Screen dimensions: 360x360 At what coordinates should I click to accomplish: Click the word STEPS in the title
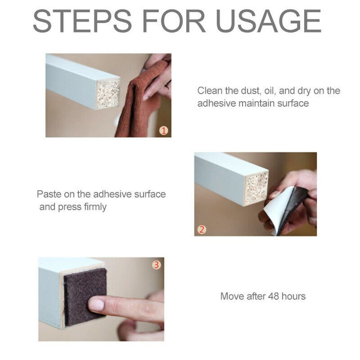coord(82,21)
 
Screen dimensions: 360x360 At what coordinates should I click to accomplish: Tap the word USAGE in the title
coord(268,21)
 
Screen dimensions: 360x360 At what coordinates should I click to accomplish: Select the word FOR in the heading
coord(174,21)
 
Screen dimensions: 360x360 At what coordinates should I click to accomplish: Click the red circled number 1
coord(164,131)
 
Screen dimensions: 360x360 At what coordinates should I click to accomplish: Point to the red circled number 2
coord(202,229)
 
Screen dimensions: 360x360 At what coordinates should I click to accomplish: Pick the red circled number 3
coord(156,265)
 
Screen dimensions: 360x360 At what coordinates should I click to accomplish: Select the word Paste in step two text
coord(49,194)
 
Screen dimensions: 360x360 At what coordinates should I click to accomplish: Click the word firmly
coord(95,207)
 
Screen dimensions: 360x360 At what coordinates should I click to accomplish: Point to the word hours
coord(294,296)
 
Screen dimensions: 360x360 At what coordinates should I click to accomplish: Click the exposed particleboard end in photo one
coord(108,94)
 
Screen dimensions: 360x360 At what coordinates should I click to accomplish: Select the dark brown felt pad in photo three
coord(85,297)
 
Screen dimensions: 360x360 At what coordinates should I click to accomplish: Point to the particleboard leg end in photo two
coord(256,188)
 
